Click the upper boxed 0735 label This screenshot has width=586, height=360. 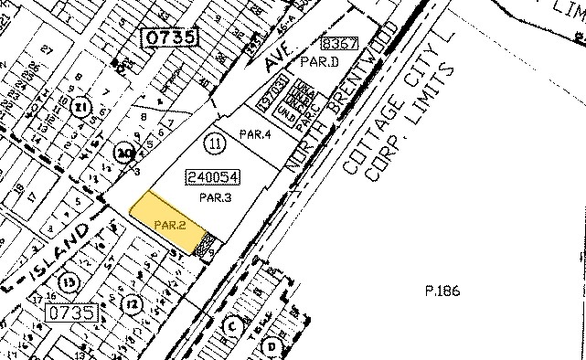[167, 37]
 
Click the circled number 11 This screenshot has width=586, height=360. [215, 143]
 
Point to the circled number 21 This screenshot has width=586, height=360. [82, 109]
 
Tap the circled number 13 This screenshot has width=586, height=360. [66, 280]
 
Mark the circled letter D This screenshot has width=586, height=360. [272, 345]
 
